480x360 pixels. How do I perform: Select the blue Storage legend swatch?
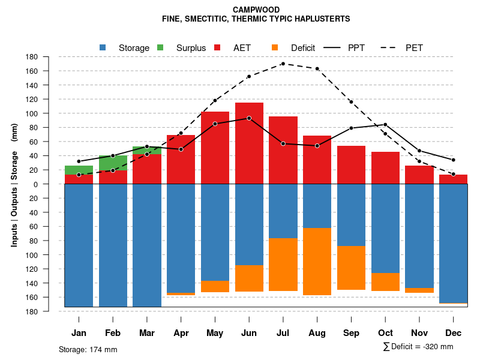click(x=103, y=47)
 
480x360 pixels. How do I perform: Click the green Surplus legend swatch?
click(x=160, y=47)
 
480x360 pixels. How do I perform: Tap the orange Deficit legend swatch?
click(x=275, y=47)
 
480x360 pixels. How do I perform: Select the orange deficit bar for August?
click(x=317, y=262)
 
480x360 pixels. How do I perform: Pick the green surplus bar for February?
click(x=113, y=163)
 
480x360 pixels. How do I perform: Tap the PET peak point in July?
click(x=283, y=64)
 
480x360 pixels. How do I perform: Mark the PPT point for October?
click(x=385, y=124)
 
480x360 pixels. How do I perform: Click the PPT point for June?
click(x=249, y=118)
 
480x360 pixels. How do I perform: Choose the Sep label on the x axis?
click(x=351, y=333)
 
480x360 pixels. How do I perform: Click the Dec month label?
click(x=454, y=333)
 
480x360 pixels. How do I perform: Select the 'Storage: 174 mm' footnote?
click(x=88, y=349)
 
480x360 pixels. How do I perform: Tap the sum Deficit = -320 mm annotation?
click(x=418, y=347)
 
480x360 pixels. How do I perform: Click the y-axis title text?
click(x=14, y=184)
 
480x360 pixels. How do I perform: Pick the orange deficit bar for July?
click(x=283, y=265)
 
